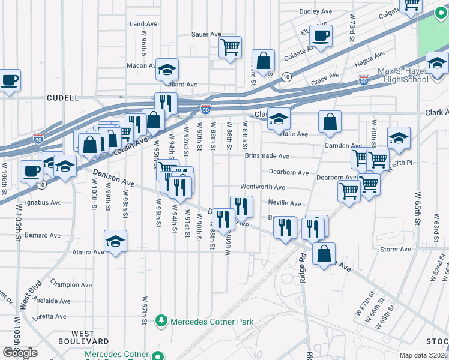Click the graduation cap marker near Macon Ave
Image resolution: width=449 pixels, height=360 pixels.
[167, 70]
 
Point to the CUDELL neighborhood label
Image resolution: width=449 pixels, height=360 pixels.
[63, 97]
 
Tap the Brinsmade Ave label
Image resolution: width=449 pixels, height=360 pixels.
[267, 156]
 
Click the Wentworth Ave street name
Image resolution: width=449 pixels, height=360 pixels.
[262, 187]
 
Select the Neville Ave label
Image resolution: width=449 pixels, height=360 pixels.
[284, 203]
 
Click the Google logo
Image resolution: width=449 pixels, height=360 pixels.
[20, 352]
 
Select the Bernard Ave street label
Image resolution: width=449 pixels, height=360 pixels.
[43, 235]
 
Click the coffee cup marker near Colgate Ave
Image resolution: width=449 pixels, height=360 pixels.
[321, 35]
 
